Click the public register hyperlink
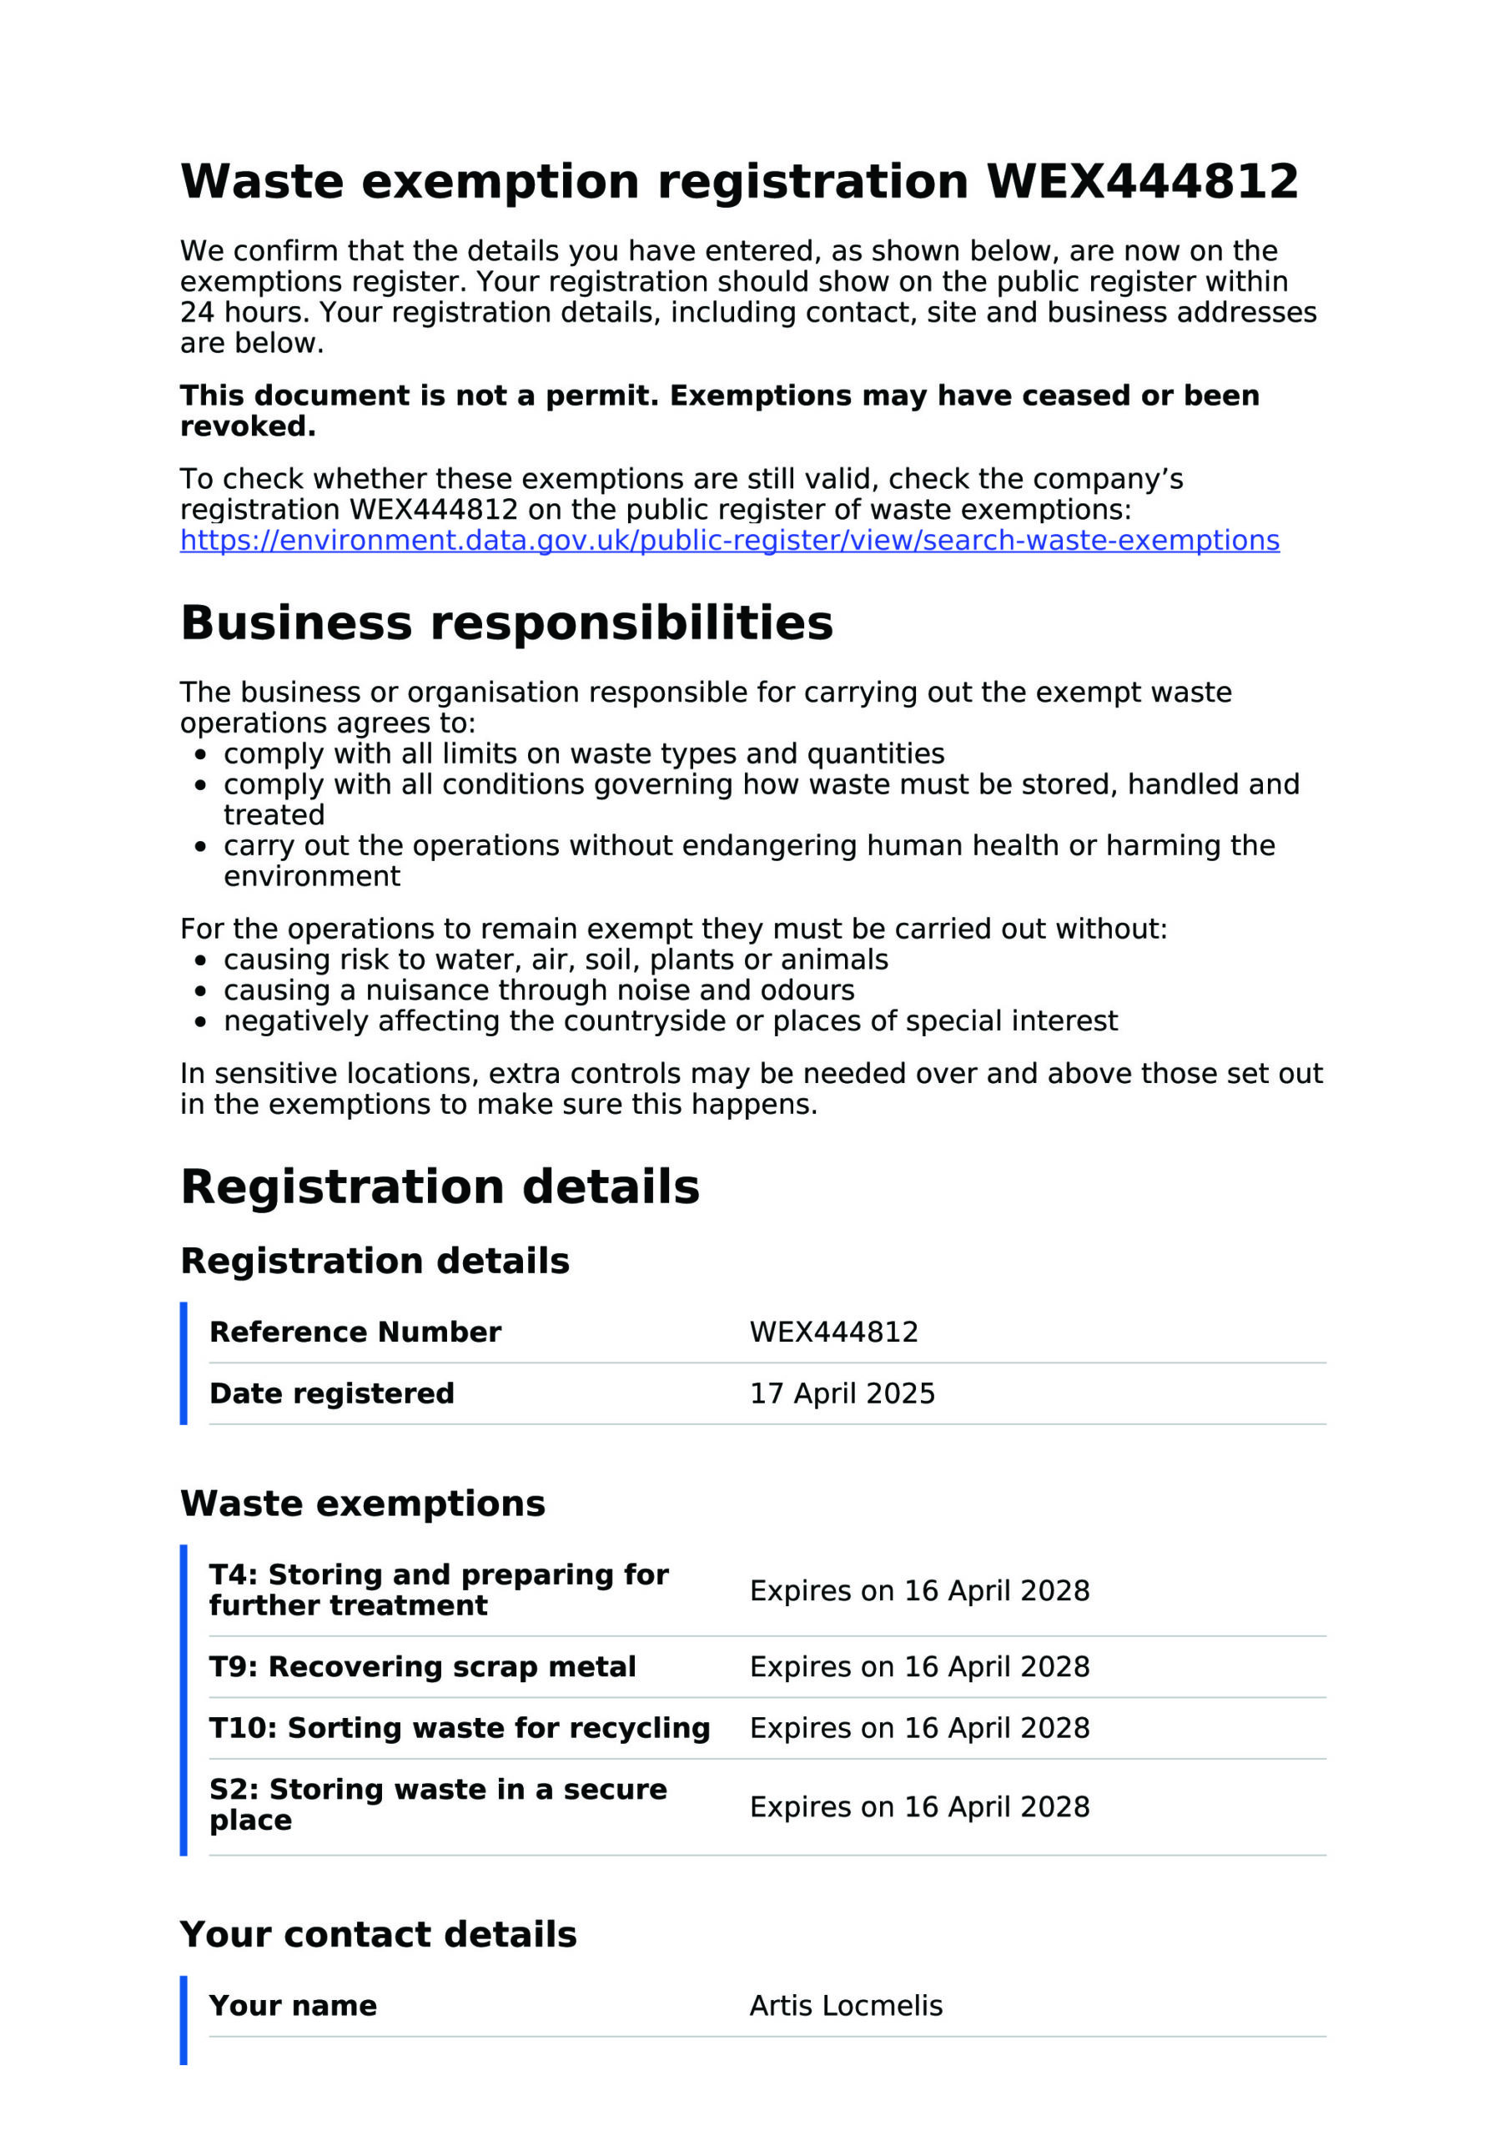729,541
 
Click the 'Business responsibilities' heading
506,622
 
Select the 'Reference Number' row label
355,1332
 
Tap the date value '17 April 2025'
842,1393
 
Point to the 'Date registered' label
331,1393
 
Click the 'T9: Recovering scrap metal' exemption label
422,1666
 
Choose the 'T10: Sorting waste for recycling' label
460,1728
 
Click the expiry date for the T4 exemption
919,1590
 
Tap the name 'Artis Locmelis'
846,2005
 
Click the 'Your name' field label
293,2005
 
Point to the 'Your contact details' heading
378,1934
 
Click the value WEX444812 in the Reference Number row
833,1332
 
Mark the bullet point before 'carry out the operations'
200,847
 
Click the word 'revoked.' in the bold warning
248,426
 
